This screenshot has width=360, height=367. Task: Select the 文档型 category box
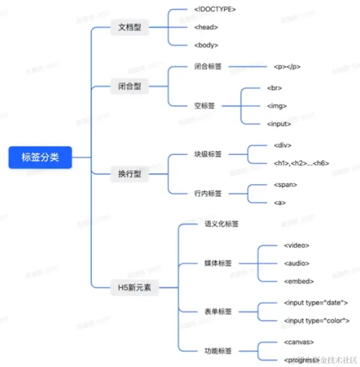pos(129,27)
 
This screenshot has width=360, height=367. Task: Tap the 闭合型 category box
pos(129,87)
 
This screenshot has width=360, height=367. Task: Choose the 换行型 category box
pos(129,174)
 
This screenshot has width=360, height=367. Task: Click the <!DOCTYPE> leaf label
pos(215,9)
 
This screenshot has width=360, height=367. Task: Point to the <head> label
pos(206,27)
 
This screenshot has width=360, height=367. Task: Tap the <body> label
pos(206,45)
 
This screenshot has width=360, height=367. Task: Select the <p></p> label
pos(287,67)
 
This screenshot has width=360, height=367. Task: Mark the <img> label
pos(277,105)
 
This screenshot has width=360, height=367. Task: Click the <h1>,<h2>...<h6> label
pos(302,163)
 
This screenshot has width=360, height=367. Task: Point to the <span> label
pos(285,185)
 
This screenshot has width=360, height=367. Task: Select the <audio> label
pos(296,263)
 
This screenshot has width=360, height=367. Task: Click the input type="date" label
pos(315,302)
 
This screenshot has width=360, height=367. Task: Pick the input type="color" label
pos(316,320)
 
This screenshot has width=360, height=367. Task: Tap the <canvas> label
pos(299,342)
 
